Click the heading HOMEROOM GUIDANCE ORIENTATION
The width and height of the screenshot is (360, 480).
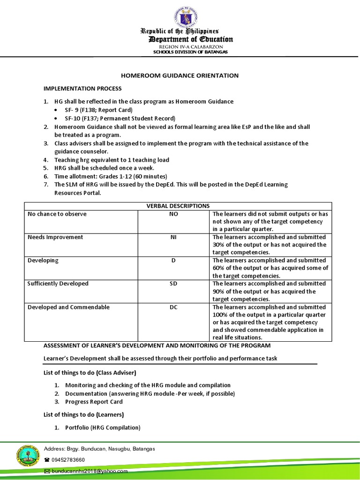pos(180,75)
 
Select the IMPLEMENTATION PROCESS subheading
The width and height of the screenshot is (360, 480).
pos(82,88)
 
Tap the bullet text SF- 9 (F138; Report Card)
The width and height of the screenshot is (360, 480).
pos(96,110)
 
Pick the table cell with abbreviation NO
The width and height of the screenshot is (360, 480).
pos(173,214)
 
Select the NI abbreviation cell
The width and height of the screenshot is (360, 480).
pos(173,237)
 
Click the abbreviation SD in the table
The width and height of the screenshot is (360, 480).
pos(173,284)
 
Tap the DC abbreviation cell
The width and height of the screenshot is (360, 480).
pos(173,307)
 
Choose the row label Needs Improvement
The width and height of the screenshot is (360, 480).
pos(55,237)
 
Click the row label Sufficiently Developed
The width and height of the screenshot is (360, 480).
pos(58,284)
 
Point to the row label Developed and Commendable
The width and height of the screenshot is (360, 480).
pos(68,307)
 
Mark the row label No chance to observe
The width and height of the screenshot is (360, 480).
pos(57,214)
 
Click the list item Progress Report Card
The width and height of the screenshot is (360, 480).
pos(94,402)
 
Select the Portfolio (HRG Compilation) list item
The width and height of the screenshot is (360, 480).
pos(103,427)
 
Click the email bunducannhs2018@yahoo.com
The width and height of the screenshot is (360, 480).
pos(89,471)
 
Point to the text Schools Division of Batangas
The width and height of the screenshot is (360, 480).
pos(191,52)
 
